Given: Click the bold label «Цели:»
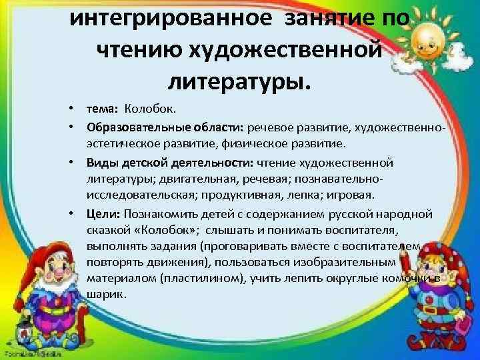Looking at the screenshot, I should click(x=101, y=213).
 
